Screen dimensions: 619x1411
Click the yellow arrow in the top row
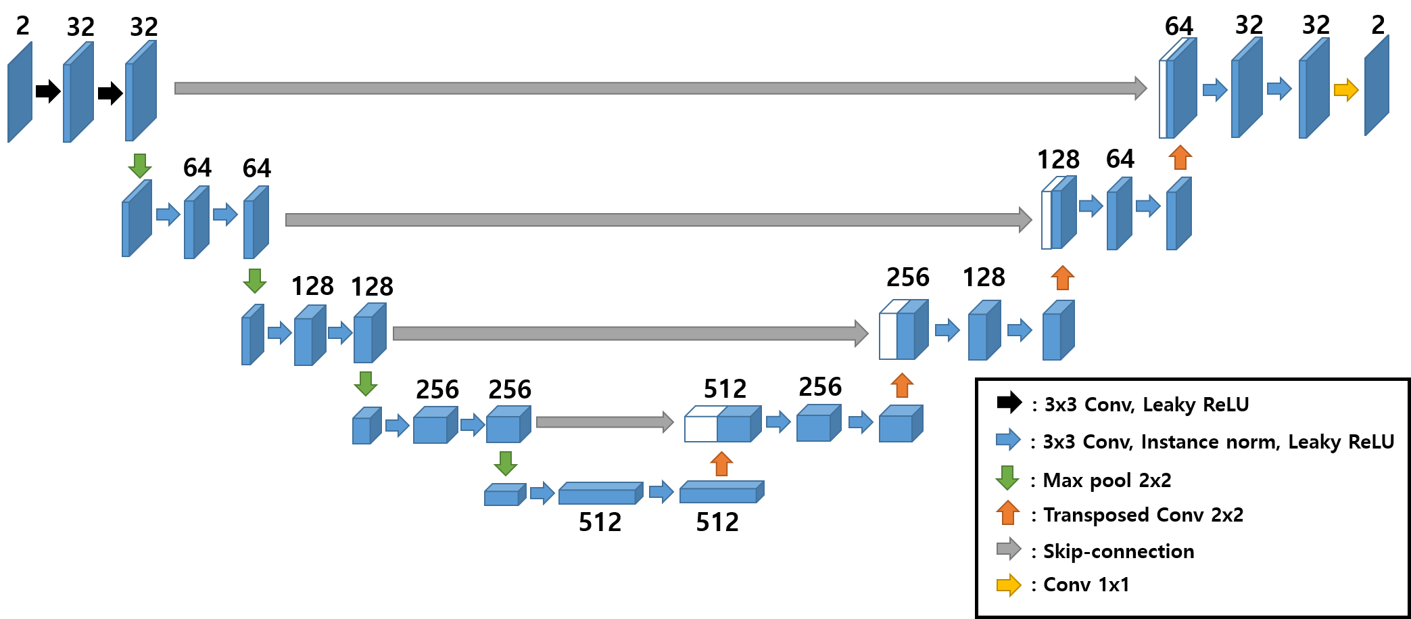(x=1346, y=89)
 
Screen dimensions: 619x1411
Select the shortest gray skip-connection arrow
(x=604, y=422)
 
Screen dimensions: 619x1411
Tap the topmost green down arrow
(x=140, y=166)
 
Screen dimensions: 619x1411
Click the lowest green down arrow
(x=505, y=463)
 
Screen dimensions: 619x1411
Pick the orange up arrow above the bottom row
(x=721, y=464)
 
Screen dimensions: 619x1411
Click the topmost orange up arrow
(x=1180, y=157)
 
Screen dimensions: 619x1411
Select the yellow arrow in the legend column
(x=1009, y=585)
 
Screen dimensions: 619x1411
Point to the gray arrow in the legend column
(x=1009, y=549)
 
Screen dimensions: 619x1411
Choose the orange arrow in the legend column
(x=1007, y=512)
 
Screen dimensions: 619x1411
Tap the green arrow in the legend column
(x=1007, y=478)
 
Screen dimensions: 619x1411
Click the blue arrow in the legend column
(x=1008, y=439)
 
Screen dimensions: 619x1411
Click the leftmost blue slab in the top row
(x=20, y=93)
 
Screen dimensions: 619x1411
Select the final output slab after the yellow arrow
(x=1377, y=86)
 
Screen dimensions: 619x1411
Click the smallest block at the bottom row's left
(x=502, y=497)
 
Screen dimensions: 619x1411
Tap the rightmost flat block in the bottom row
(x=719, y=495)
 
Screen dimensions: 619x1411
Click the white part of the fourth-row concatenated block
(x=700, y=429)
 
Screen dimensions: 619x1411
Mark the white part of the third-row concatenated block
(x=888, y=336)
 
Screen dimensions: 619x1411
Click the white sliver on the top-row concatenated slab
(x=1163, y=99)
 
